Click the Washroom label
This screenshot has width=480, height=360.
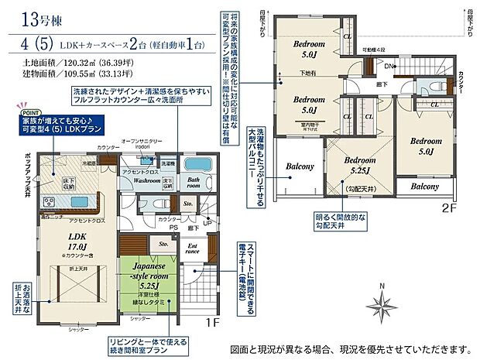[x=146, y=180]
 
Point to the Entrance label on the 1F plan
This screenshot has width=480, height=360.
[x=192, y=250]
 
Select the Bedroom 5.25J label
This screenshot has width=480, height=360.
[x=358, y=165]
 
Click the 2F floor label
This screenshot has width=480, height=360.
[x=451, y=207]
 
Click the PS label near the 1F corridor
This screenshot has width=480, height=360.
[x=175, y=228]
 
